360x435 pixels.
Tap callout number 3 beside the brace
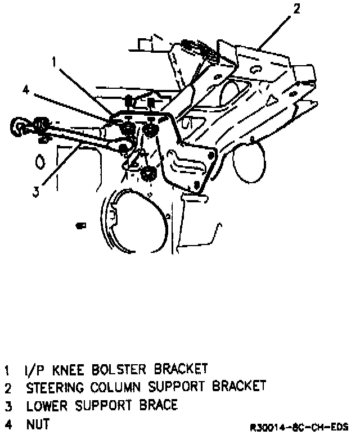point(35,191)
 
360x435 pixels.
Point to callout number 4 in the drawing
point(26,89)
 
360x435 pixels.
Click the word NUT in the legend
point(35,422)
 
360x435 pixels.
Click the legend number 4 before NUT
point(7,422)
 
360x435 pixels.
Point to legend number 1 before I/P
point(7,370)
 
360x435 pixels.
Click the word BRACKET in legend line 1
point(177,370)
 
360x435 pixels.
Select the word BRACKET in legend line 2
point(238,387)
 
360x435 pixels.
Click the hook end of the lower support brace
point(17,126)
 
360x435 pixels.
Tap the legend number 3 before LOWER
point(7,405)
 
